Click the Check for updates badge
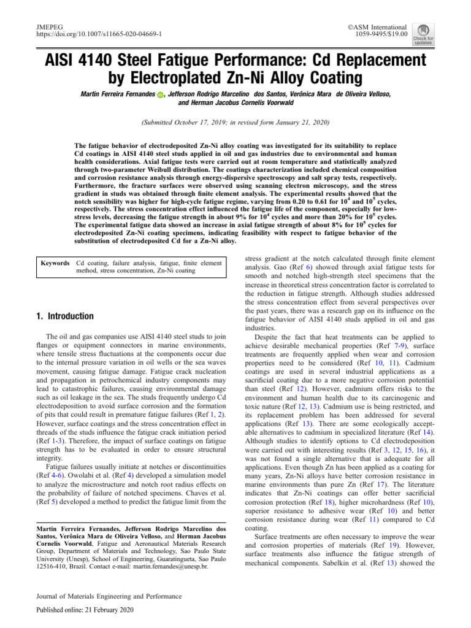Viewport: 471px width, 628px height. coord(423,34)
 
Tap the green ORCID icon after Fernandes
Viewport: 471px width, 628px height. coord(161,94)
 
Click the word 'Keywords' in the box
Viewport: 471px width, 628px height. coord(55,263)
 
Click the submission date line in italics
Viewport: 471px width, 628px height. coord(235,123)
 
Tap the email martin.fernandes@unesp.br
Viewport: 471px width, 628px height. coord(167,567)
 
